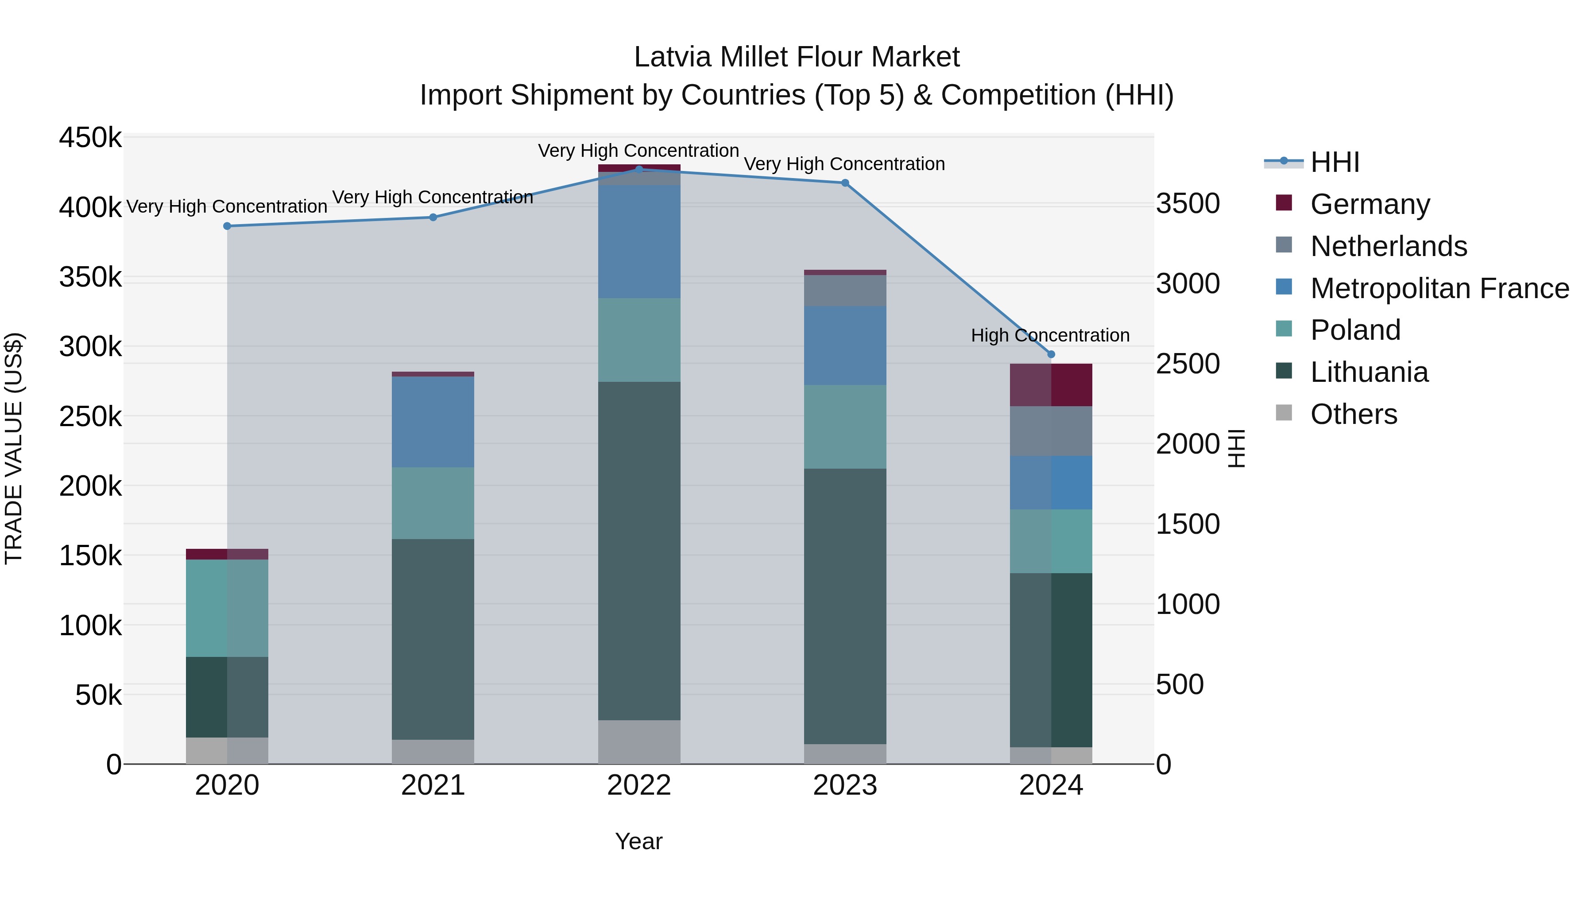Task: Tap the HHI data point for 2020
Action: click(x=227, y=226)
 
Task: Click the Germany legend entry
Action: click(x=1370, y=204)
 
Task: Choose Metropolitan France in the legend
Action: click(x=1439, y=288)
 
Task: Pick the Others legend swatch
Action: click(x=1284, y=413)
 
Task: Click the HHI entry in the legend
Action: click(x=1334, y=162)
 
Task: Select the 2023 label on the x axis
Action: click(x=845, y=785)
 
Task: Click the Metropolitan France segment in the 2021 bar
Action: click(x=433, y=422)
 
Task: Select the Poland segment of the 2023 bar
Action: click(x=845, y=427)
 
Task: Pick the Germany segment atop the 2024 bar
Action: click(x=1051, y=385)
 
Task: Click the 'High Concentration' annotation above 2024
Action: click(x=1050, y=335)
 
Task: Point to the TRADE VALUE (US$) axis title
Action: click(x=14, y=449)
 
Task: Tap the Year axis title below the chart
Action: click(x=638, y=841)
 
